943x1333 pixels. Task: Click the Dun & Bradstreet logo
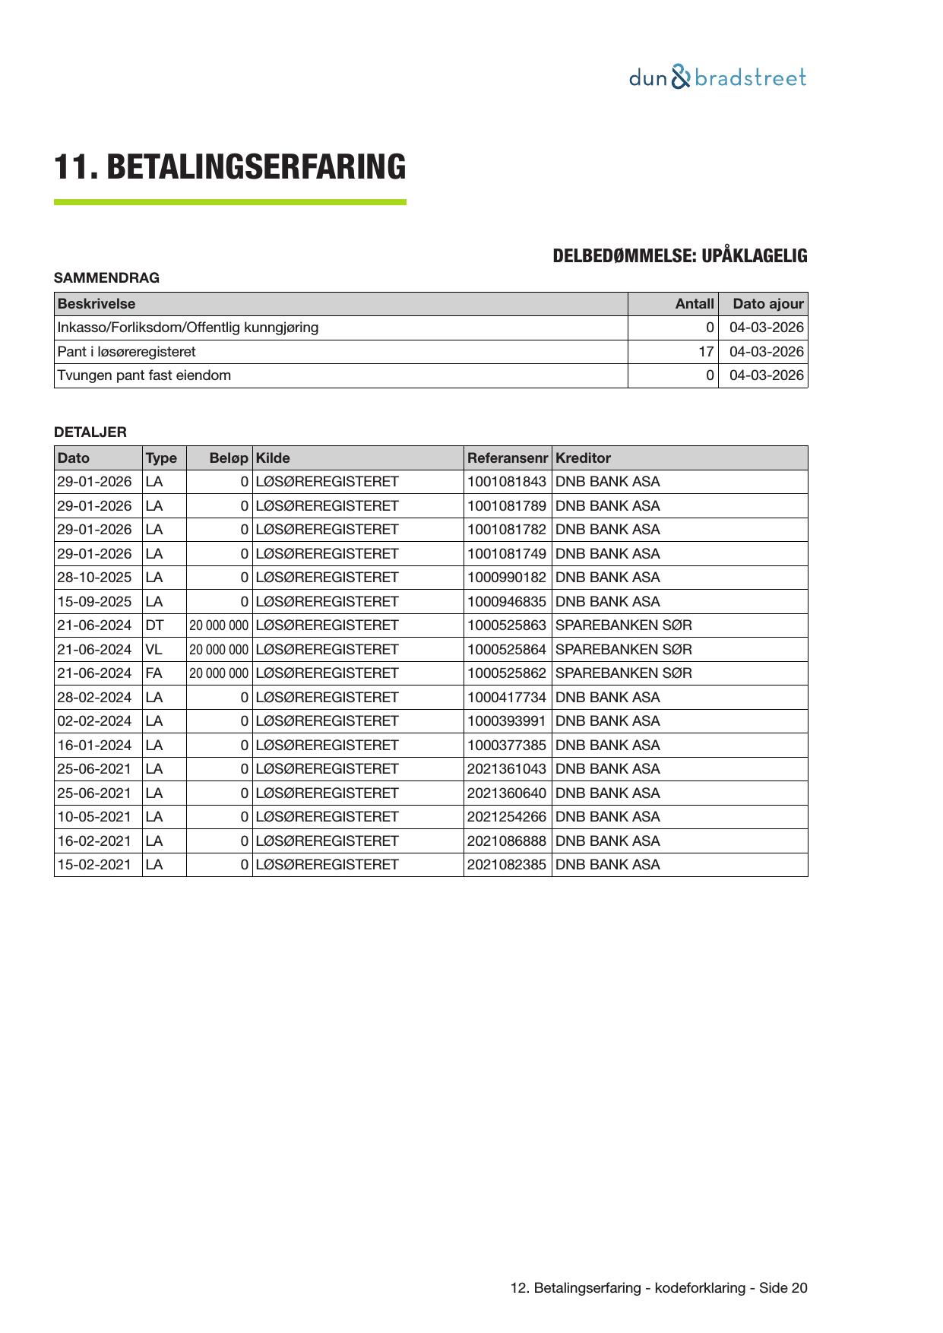tap(717, 78)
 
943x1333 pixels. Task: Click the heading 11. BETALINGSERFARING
tap(229, 167)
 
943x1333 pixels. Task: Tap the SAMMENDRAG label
tap(106, 278)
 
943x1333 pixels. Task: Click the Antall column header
tap(695, 304)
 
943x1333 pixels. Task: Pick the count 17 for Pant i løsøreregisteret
tap(707, 352)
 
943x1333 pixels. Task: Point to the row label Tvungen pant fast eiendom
tap(144, 375)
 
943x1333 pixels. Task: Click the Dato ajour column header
tap(767, 304)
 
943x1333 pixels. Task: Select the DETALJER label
tap(90, 432)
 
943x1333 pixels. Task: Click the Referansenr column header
tap(507, 458)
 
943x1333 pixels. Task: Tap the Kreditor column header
tap(583, 458)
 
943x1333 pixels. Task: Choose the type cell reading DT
tap(154, 625)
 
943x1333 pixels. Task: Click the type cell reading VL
tap(153, 650)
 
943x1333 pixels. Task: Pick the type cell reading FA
tap(153, 673)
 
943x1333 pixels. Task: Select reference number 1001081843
tap(506, 482)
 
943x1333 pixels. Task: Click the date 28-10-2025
tap(94, 578)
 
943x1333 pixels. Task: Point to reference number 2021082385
tap(506, 865)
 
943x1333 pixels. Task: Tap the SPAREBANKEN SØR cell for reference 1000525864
tap(623, 650)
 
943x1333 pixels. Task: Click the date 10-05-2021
tap(94, 817)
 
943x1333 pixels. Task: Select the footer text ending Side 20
tap(659, 1288)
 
